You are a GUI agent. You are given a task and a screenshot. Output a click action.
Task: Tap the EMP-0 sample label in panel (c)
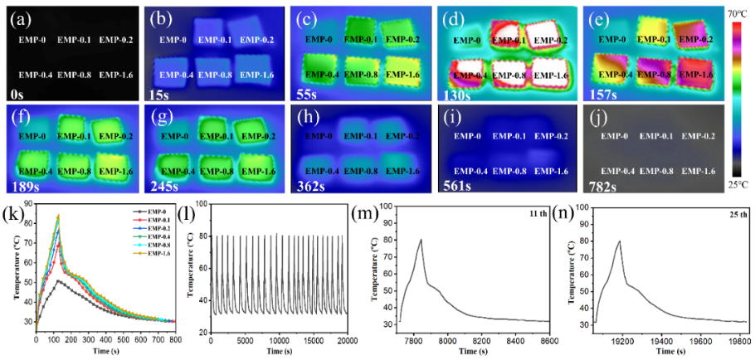[319, 39]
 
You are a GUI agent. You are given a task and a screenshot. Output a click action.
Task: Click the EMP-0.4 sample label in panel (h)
[319, 171]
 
